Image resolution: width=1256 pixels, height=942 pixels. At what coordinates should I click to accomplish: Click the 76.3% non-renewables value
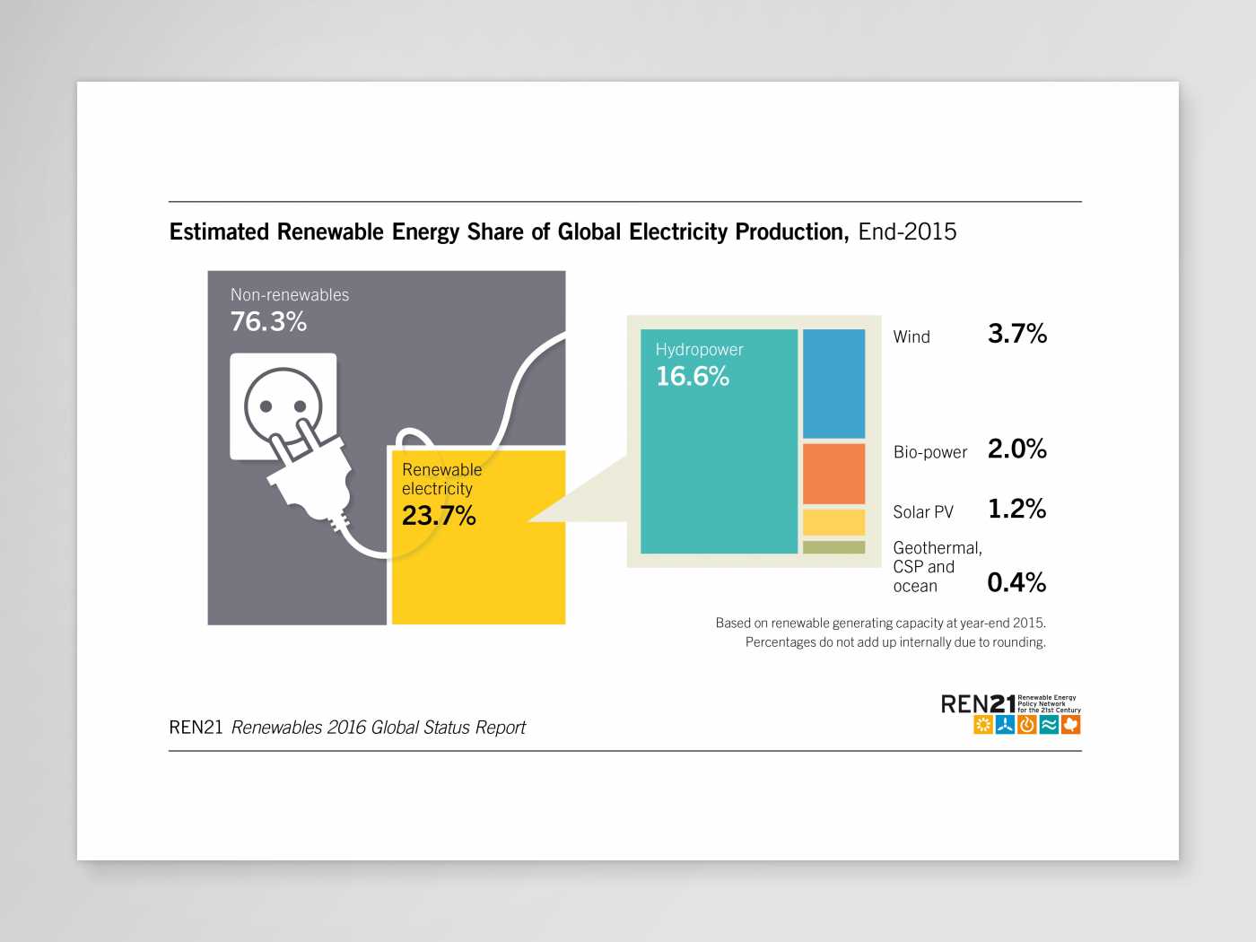pyautogui.click(x=268, y=321)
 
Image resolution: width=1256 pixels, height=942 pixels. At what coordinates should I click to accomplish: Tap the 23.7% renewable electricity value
pyautogui.click(x=439, y=515)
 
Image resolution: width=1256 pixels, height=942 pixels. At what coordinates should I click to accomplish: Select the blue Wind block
pyautogui.click(x=833, y=383)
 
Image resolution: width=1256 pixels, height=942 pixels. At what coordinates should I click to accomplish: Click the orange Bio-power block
pyautogui.click(x=833, y=474)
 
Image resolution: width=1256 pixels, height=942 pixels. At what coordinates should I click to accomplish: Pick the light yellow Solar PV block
pyautogui.click(x=833, y=522)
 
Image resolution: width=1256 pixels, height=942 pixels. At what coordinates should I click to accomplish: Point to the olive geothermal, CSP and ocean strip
pyautogui.click(x=833, y=547)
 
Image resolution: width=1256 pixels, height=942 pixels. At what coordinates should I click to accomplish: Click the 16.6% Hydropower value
pyautogui.click(x=693, y=376)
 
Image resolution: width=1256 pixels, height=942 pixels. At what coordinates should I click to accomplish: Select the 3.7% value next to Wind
pyautogui.click(x=1016, y=334)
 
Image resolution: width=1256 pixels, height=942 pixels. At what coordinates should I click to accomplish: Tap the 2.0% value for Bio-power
pyautogui.click(x=1016, y=449)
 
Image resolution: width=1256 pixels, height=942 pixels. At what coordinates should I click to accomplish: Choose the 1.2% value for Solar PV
pyautogui.click(x=1016, y=509)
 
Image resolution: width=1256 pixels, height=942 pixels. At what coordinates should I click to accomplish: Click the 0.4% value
pyautogui.click(x=1016, y=582)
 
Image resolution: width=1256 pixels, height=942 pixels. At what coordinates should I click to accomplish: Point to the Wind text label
pyautogui.click(x=911, y=337)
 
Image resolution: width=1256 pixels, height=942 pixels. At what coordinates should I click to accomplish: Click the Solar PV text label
pyautogui.click(x=923, y=512)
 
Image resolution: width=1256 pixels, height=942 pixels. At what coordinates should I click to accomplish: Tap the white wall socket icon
pyautogui.click(x=283, y=406)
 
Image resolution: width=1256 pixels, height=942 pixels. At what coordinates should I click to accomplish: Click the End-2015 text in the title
pyautogui.click(x=907, y=231)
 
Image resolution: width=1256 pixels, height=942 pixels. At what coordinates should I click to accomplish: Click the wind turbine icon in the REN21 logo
pyautogui.click(x=1005, y=725)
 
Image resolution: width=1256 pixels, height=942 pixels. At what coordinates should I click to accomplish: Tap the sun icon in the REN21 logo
pyautogui.click(x=983, y=725)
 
